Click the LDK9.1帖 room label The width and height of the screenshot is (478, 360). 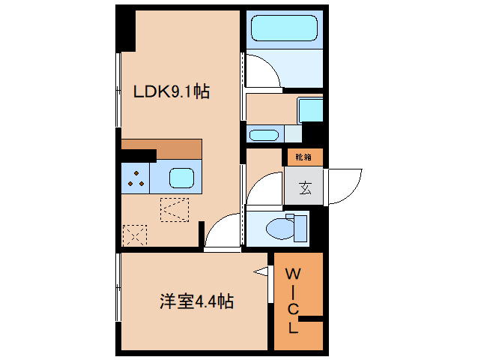172,91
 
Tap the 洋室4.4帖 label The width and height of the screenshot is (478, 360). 196,301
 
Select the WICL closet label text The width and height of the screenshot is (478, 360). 293,300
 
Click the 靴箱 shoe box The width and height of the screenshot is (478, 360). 303,157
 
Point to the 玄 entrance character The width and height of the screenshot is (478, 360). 305,187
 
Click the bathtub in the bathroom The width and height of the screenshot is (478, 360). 284,28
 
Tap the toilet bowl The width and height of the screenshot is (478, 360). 280,228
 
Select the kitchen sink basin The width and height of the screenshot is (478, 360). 182,178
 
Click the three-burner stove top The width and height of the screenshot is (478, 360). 136,178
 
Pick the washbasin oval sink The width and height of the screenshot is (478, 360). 264,135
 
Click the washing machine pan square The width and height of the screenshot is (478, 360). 309,109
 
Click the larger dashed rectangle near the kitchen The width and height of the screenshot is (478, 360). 175,210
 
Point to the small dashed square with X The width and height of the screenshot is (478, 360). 135,235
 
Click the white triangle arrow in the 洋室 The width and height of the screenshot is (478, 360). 261,271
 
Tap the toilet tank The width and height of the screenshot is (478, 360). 300,229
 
